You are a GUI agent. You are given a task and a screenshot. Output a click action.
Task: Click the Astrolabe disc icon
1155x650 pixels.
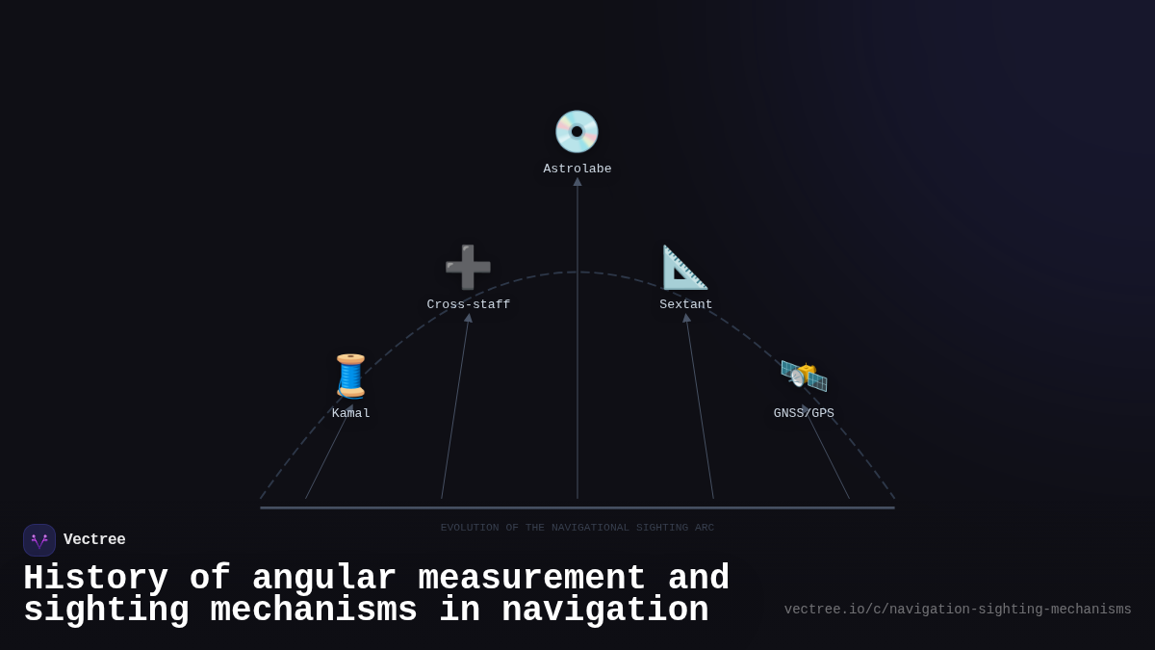pos(577,132)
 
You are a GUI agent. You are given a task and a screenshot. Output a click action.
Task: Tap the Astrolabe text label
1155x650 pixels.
pos(577,169)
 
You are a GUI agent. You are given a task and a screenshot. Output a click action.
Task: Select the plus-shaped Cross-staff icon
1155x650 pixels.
pos(468,268)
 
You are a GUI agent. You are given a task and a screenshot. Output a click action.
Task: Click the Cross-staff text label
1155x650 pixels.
pos(469,305)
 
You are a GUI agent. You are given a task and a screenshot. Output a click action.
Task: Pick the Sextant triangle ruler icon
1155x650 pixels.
pos(685,268)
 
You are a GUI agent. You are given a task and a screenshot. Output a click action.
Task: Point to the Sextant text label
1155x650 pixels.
pos(686,305)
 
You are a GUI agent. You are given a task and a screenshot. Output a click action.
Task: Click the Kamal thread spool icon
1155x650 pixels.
pos(350,376)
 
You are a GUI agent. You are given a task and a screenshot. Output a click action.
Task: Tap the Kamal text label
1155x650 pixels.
pos(351,414)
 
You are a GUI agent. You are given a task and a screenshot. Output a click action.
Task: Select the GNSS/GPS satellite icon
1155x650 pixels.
pos(804,376)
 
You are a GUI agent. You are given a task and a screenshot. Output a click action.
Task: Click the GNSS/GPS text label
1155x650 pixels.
pos(804,414)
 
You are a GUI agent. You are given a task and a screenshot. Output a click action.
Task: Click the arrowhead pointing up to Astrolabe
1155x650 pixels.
pos(577,182)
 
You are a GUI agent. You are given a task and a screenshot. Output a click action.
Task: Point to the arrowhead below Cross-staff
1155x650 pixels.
pos(469,318)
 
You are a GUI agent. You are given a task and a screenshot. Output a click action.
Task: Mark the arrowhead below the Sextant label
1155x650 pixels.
pos(686,318)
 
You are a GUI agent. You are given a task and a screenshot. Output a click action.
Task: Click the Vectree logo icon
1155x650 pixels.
pos(39,540)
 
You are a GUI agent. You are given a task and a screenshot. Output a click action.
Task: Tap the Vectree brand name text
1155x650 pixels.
pos(94,540)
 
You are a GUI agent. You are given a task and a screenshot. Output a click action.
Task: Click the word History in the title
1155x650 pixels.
pos(95,579)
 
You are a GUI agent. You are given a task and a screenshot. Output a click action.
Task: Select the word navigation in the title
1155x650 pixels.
pos(604,611)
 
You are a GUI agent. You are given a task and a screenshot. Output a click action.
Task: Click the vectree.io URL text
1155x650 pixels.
pos(958,610)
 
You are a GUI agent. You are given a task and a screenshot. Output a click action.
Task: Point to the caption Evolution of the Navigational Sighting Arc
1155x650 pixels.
pos(577,528)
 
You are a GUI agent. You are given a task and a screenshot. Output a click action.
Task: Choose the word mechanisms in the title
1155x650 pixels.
pos(314,611)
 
